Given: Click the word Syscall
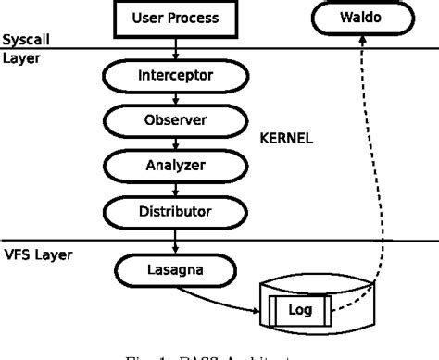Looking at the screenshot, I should (26, 41).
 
